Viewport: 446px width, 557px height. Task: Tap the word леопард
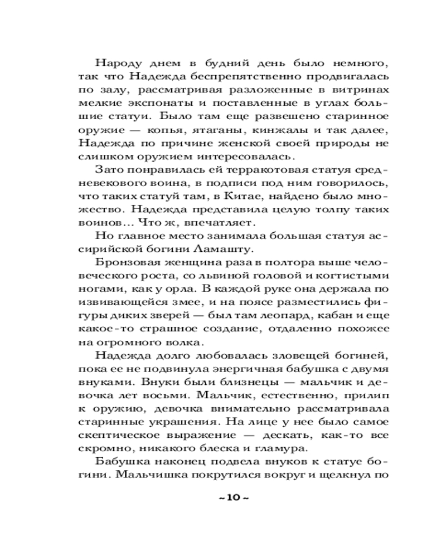tap(286, 317)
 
